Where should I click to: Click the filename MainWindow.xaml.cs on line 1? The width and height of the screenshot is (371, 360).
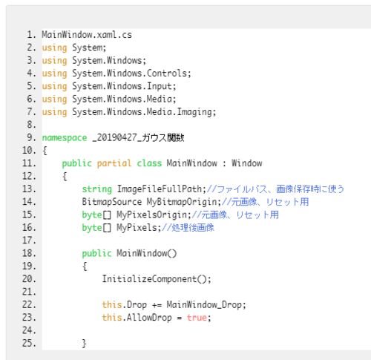click(x=87, y=35)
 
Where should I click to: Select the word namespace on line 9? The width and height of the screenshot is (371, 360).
click(x=65, y=138)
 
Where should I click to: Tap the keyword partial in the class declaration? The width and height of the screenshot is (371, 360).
click(x=114, y=163)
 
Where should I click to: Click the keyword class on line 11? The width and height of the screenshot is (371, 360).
click(x=149, y=163)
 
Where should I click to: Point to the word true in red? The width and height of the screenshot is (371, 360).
click(x=197, y=318)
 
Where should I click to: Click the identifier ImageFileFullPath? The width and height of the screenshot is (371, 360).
click(x=160, y=189)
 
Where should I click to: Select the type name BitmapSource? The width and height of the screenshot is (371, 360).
click(x=112, y=202)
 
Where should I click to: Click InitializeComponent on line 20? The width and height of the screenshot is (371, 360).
click(x=149, y=279)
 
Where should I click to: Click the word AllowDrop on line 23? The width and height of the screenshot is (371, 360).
click(x=149, y=318)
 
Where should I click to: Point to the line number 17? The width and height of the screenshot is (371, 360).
click(x=29, y=240)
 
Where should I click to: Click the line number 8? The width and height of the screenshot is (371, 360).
click(x=31, y=125)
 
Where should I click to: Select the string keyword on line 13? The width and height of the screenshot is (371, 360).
click(x=97, y=189)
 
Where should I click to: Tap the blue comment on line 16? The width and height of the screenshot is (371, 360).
click(x=188, y=228)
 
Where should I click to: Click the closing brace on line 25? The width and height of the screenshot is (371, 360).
click(x=84, y=344)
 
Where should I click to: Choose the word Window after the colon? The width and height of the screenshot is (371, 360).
click(x=247, y=163)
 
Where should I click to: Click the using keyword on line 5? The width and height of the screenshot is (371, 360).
click(x=54, y=87)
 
